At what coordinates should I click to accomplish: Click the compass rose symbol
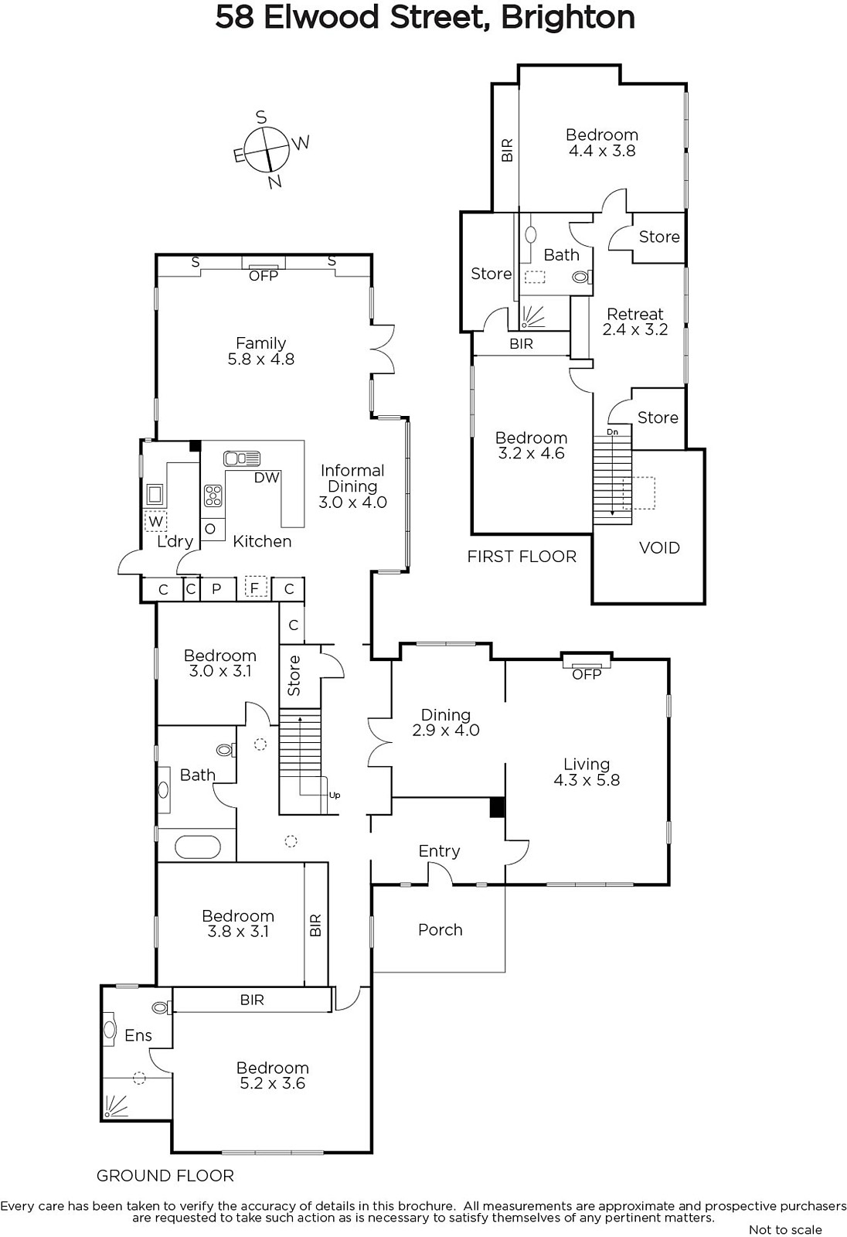pos(267,149)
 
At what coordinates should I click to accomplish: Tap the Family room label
pos(260,351)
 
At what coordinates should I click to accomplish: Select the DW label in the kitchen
pos(267,478)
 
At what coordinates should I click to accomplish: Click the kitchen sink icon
pos(242,458)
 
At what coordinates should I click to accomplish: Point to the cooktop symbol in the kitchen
pos(213,496)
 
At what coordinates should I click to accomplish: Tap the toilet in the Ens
pos(162,1008)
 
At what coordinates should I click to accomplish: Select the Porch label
pos(440,930)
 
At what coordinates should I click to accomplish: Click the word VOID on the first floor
pos(659,548)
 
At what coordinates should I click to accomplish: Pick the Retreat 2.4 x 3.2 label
pos(635,322)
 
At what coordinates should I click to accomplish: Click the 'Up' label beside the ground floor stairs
pos(335,796)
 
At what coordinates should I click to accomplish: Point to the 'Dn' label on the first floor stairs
pos(612,432)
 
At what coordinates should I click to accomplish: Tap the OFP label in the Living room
pos(587,674)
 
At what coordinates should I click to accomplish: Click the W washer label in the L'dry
pos(155,521)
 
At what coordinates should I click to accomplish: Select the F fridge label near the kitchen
pos(254,588)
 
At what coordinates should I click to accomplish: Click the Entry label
pos(439,851)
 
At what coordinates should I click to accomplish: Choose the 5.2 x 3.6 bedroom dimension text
pos(272,1083)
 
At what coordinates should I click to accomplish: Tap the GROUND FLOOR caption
pos(165,1176)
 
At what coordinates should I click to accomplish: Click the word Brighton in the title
pos(567,19)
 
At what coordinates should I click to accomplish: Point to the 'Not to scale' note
pos(785,1230)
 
